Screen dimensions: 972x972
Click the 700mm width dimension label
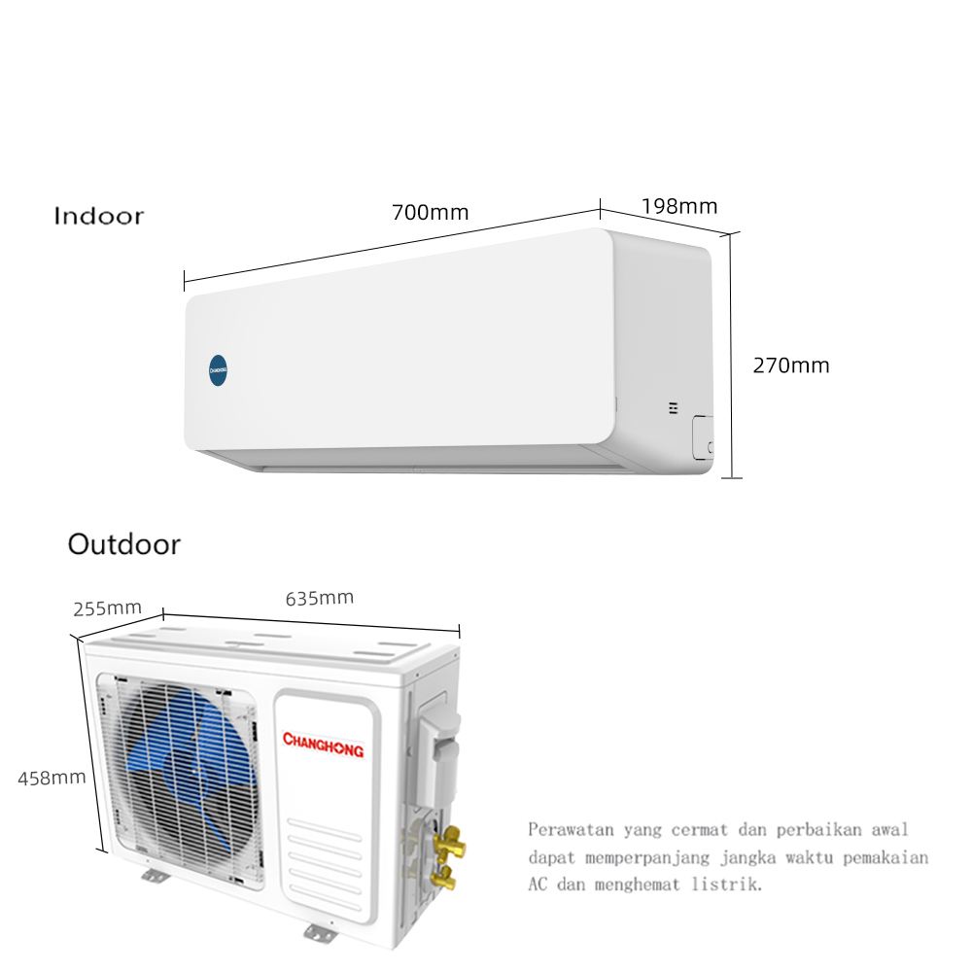(x=431, y=213)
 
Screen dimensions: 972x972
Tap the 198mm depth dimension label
(x=679, y=206)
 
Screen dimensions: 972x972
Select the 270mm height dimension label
(x=791, y=365)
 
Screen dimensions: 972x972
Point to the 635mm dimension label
(x=319, y=598)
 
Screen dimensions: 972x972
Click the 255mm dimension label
(x=107, y=608)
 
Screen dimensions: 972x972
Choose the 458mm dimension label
(x=52, y=778)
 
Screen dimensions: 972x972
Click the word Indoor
(x=98, y=216)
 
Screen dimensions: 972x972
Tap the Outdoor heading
(x=124, y=544)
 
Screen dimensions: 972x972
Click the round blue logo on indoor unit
(x=218, y=370)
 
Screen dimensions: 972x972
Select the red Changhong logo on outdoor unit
(x=323, y=744)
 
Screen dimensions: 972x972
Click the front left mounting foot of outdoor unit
(x=155, y=876)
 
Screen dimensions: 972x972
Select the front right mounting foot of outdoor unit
(x=321, y=933)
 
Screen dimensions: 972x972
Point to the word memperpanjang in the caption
(x=647, y=857)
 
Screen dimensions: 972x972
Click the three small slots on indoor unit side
(x=674, y=407)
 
